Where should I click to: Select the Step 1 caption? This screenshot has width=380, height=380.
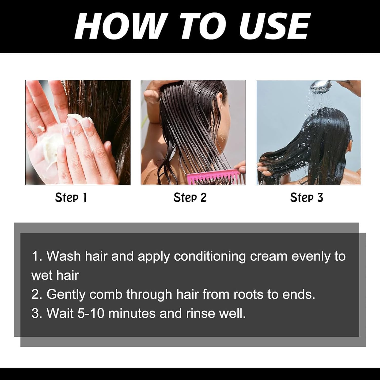[71, 198]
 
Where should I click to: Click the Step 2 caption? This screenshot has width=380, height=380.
[190, 198]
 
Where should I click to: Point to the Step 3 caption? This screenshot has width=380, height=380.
[307, 198]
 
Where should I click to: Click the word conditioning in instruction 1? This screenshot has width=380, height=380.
[210, 256]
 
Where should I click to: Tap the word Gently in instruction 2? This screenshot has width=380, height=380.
[66, 294]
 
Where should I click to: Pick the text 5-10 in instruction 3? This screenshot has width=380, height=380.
[91, 313]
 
